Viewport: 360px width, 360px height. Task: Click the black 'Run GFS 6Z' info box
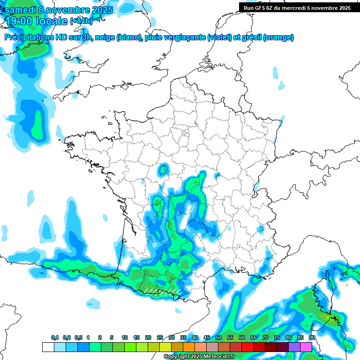click(297, 7)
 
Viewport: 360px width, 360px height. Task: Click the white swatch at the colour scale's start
click(48, 347)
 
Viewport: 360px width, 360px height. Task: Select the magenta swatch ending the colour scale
click(306, 347)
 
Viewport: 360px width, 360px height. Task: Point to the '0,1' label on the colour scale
click(55, 338)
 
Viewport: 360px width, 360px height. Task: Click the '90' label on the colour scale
click(312, 338)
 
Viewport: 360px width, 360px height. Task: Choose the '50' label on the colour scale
click(218, 338)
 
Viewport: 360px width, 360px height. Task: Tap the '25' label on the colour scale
click(160, 338)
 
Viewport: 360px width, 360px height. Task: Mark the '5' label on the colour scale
click(112, 338)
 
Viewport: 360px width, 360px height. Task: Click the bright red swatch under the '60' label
click(247, 347)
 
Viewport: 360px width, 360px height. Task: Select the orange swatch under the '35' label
click(188, 347)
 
